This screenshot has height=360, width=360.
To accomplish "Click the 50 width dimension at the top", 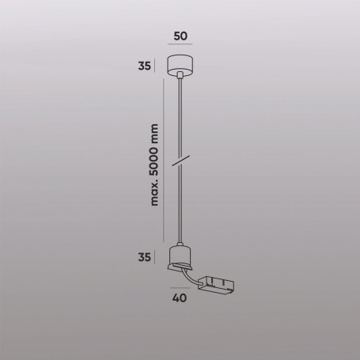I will tap(180, 36).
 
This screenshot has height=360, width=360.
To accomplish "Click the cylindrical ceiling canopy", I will tap(180, 66).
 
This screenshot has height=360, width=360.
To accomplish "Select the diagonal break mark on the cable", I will tap(181, 161).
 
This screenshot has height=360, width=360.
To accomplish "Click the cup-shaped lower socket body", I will tap(180, 257).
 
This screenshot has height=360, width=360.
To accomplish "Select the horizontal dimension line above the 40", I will tap(180, 286).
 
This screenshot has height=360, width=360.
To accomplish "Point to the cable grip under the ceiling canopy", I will tap(180, 78).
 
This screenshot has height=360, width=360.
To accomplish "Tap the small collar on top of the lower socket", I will tap(180, 243).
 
